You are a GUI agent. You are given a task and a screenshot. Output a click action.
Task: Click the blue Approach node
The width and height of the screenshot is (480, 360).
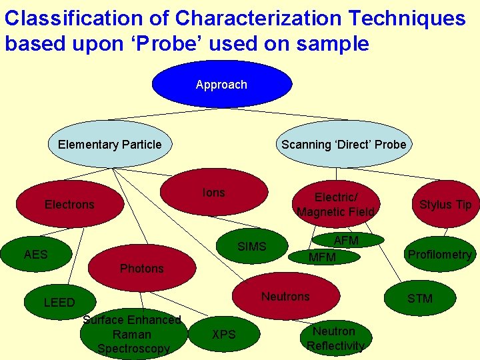pyautogui.click(x=221, y=85)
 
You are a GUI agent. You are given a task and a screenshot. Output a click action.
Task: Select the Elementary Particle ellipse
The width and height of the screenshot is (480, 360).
pyautogui.click(x=110, y=145)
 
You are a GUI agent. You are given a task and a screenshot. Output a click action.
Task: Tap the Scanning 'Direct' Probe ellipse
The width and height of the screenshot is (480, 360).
pyautogui.click(x=343, y=145)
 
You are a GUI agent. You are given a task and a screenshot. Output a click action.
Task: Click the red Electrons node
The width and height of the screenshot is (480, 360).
pyautogui.click(x=69, y=204)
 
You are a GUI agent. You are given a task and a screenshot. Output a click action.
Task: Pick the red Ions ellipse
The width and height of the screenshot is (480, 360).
pyautogui.click(x=214, y=193)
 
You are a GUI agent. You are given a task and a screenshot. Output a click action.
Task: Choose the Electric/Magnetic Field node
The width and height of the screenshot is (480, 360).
pyautogui.click(x=336, y=204)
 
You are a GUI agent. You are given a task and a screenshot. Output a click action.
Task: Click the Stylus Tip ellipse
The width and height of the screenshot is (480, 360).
pyautogui.click(x=445, y=204)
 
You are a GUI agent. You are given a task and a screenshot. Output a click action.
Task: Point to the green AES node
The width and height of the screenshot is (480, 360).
pyautogui.click(x=36, y=254)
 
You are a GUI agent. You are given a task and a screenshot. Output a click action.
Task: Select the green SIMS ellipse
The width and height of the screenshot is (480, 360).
pyautogui.click(x=251, y=247)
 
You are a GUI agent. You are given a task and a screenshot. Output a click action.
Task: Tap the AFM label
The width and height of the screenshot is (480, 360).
pyautogui.click(x=347, y=240)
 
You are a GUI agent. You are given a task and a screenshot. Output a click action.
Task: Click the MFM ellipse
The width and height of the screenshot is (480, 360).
pyautogui.click(x=323, y=257)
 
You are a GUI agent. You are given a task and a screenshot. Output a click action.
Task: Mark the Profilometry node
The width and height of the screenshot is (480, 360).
pyautogui.click(x=439, y=254)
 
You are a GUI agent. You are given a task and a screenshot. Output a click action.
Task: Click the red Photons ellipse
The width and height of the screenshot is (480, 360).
pyautogui.click(x=141, y=269)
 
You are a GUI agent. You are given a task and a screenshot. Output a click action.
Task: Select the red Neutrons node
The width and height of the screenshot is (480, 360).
pyautogui.click(x=285, y=296)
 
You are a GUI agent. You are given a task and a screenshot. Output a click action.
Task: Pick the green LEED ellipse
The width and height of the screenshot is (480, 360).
pyautogui.click(x=59, y=303)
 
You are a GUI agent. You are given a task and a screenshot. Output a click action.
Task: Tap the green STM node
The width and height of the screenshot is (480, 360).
pyautogui.click(x=420, y=298)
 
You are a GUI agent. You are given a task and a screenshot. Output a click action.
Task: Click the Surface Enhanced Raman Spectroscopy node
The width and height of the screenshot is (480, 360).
pyautogui.click(x=133, y=334)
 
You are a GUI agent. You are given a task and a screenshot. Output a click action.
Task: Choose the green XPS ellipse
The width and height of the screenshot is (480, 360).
pyautogui.click(x=224, y=334)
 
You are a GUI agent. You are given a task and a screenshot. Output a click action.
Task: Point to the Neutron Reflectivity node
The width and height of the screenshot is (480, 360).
pyautogui.click(x=334, y=338)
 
